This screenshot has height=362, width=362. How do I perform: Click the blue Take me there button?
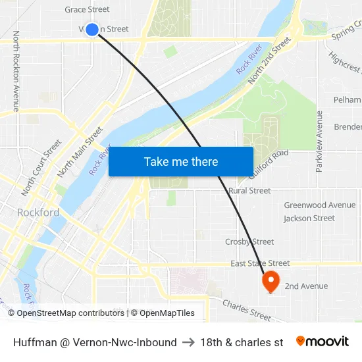point(181,161)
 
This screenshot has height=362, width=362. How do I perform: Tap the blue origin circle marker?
point(92,29)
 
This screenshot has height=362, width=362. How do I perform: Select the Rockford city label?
point(38,213)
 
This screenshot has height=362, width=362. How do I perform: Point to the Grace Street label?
point(87,9)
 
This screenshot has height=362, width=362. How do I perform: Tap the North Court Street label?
point(41,167)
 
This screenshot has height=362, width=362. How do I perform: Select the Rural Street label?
point(249,191)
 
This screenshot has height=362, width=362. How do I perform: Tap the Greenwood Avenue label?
point(319,205)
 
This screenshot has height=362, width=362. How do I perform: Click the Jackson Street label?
point(309,219)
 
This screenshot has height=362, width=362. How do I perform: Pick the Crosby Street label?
point(249,242)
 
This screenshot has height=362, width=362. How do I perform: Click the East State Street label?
point(260,263)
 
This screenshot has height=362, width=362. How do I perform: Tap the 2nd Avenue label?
point(306,286)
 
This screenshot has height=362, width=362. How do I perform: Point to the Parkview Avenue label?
point(319,142)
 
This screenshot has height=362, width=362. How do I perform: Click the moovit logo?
point(322,342)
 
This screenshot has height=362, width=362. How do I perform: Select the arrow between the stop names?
point(188,342)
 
